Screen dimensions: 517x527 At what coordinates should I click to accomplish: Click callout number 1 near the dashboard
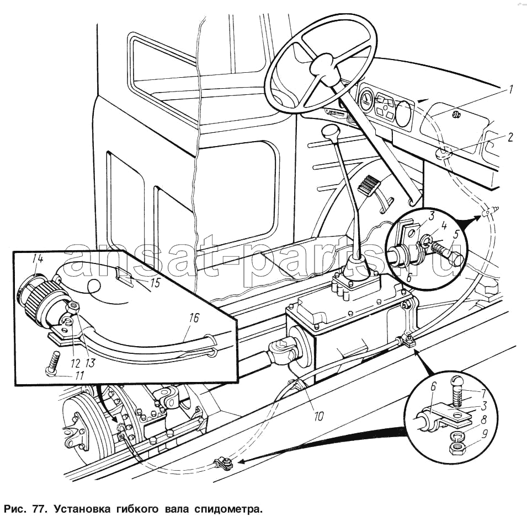click(x=511, y=89)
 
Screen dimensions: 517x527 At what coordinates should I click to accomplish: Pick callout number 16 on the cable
click(x=193, y=318)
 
